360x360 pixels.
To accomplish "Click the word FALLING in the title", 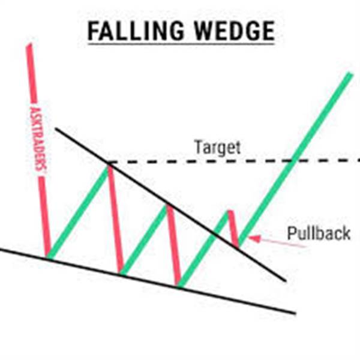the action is pyautogui.click(x=136, y=31).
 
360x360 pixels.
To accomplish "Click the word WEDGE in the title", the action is pyautogui.click(x=235, y=31).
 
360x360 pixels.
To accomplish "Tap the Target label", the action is pyautogui.click(x=217, y=147).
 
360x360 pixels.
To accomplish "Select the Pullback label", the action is pyautogui.click(x=319, y=233).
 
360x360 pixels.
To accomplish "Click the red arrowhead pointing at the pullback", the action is pyautogui.click(x=254, y=239).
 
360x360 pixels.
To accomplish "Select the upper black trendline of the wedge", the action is pyautogui.click(x=171, y=205).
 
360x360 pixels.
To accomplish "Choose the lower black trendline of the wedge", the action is pyautogui.click(x=148, y=281).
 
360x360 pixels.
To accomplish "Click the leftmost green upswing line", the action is pyautogui.click(x=78, y=212).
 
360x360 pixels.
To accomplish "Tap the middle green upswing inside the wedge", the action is pyautogui.click(x=145, y=239).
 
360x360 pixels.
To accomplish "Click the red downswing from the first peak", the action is pyautogui.click(x=115, y=219).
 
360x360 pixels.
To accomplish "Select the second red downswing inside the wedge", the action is pyautogui.click(x=173, y=245).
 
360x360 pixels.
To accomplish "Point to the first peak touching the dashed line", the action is pyautogui.click(x=109, y=163).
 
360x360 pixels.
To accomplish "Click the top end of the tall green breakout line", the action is pyautogui.click(x=350, y=74).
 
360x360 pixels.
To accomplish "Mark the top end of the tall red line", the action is pyautogui.click(x=29, y=45).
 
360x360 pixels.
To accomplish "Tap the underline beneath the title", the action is pyautogui.click(x=181, y=43).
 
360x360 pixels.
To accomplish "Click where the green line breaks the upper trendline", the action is pyautogui.click(x=216, y=235).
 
